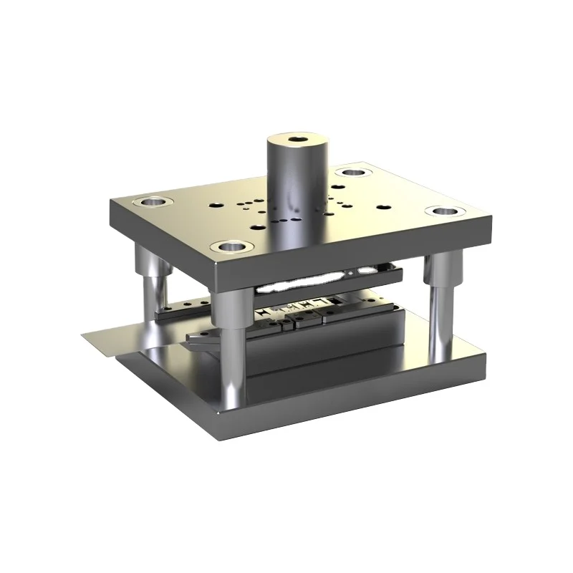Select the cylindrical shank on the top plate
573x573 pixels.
(x=298, y=186)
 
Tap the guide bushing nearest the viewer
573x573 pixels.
(x=233, y=247)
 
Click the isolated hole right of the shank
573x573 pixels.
(x=385, y=208)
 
